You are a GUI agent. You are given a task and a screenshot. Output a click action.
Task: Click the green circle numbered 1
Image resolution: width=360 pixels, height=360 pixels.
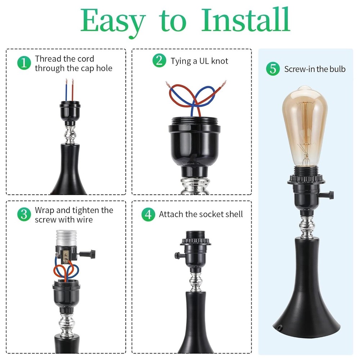[x=24, y=63]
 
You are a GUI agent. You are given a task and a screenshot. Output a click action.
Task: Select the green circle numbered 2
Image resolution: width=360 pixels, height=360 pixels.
[x=159, y=61]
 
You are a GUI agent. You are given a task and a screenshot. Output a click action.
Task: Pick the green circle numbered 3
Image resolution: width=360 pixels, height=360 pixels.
[x=24, y=215]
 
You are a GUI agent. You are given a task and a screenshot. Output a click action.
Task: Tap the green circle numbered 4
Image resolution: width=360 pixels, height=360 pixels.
[x=148, y=215]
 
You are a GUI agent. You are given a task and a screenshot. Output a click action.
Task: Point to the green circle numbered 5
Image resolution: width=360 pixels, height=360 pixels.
[x=273, y=69]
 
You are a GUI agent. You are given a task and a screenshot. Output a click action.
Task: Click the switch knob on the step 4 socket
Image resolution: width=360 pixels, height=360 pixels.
[x=177, y=256]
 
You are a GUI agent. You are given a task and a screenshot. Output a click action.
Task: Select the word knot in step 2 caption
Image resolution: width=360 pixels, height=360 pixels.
[x=220, y=61]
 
